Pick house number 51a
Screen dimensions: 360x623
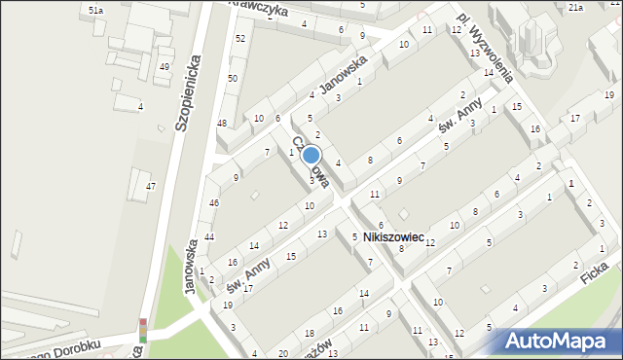click(95, 10)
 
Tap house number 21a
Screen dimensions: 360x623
click(575, 8)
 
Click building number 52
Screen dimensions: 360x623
click(239, 38)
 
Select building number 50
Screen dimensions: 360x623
click(233, 78)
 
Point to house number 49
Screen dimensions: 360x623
click(165, 66)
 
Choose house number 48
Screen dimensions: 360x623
click(222, 124)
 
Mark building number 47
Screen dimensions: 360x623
click(151, 186)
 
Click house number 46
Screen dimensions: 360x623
click(213, 202)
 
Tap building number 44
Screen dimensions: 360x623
click(209, 237)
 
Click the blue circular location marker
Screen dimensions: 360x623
click(311, 155)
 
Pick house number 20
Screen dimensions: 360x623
click(283, 353)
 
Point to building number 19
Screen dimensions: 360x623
click(228, 306)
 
